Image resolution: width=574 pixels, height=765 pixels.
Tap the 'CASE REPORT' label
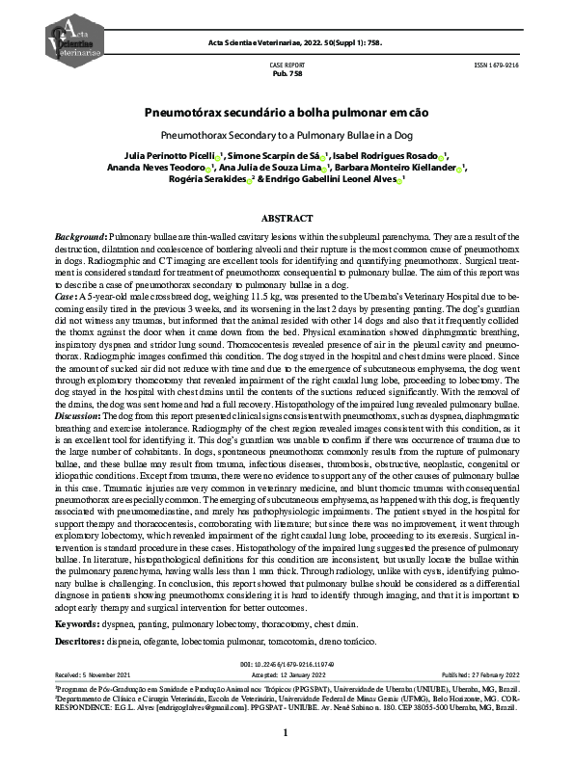point(287,64)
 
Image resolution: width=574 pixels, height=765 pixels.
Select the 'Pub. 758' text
point(287,72)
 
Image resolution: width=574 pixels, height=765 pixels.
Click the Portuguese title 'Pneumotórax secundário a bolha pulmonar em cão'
point(287,113)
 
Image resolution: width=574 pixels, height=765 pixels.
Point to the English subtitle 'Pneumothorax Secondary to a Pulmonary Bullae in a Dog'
point(287,135)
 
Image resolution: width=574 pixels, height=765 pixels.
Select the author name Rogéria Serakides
point(208,179)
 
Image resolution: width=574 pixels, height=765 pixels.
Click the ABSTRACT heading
point(287,218)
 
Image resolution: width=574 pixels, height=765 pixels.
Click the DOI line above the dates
point(287,664)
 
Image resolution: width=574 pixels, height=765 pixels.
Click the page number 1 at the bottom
point(287,733)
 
